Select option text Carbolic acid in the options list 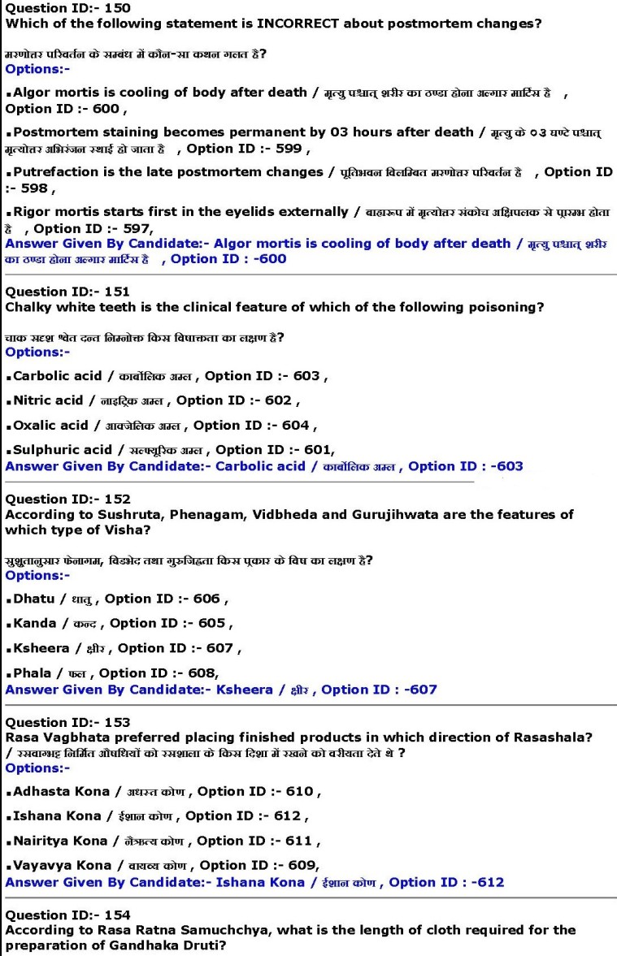(x=58, y=376)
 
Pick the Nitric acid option (x=49, y=400)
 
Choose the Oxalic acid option (x=51, y=425)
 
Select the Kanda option (x=35, y=623)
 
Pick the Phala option (x=33, y=673)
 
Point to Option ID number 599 (x=290, y=149)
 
